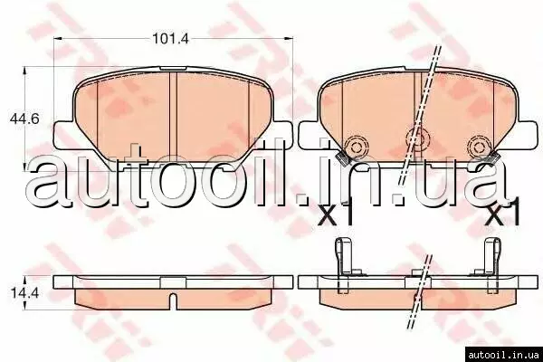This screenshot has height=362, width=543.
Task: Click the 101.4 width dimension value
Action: pos(171,38)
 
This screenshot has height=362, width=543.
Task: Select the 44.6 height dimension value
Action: pos(24,119)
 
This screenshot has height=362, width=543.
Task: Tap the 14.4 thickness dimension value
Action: pos(24,294)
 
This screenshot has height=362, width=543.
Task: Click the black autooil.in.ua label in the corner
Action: pos(503,355)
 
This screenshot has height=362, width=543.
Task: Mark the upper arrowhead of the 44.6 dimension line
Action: pos(24,71)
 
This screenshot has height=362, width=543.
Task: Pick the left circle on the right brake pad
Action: pos(356,147)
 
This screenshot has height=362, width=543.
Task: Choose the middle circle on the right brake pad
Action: pos(419,138)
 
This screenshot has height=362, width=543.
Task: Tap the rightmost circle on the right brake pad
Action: pos(479,147)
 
